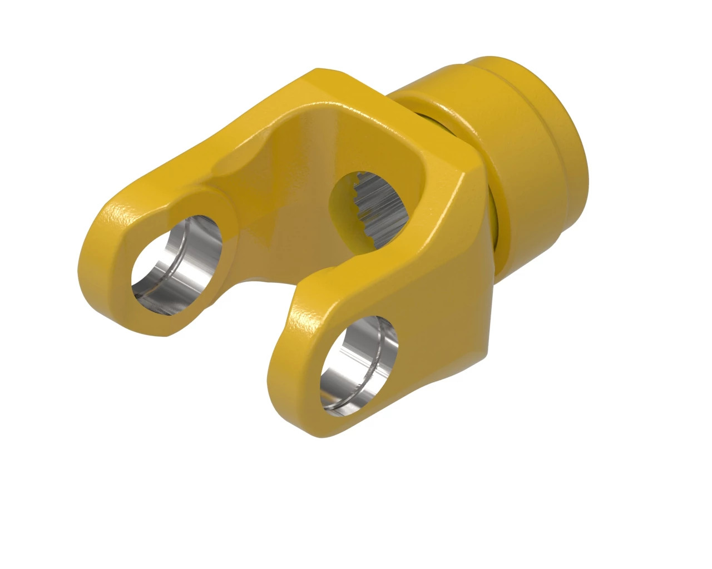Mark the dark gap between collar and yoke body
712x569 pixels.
(x=439, y=122)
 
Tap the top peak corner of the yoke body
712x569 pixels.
(x=323, y=72)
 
